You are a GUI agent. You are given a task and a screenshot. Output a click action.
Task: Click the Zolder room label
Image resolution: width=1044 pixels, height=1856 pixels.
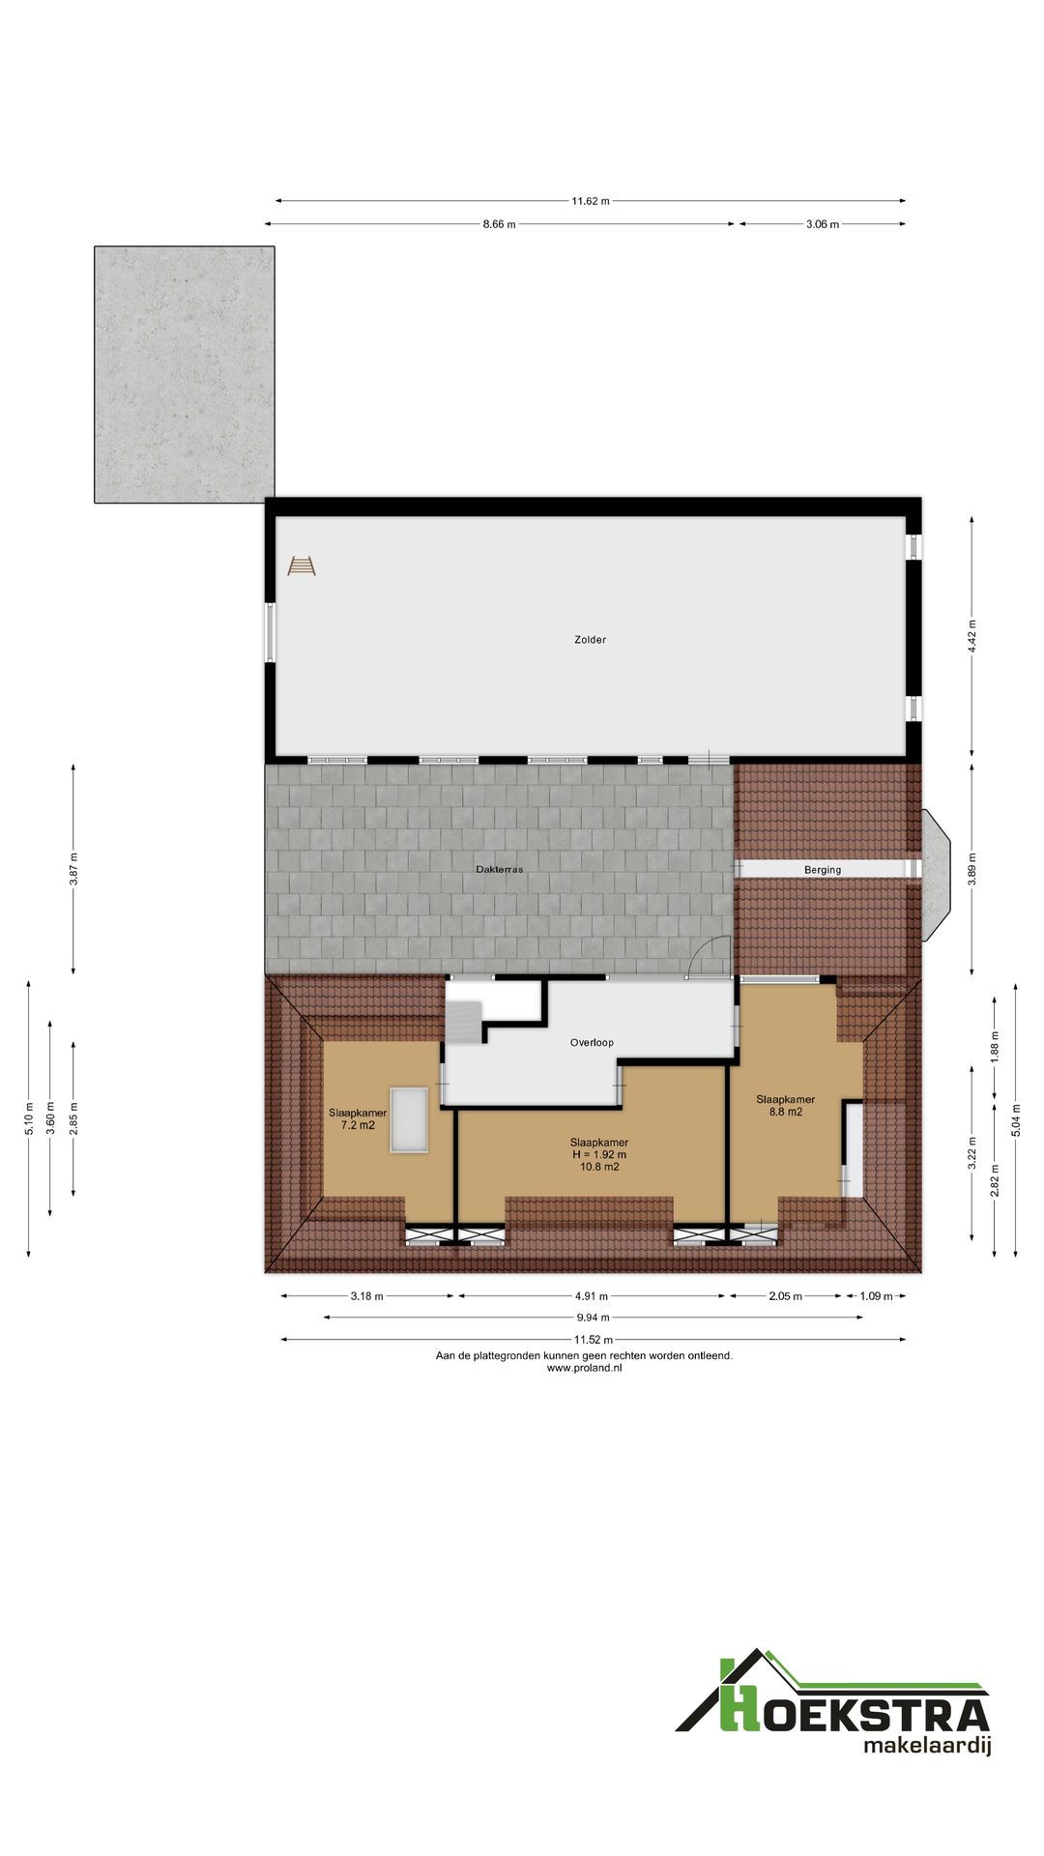tap(590, 640)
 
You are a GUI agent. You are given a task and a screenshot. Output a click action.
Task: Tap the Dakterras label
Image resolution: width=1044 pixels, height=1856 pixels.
tap(499, 870)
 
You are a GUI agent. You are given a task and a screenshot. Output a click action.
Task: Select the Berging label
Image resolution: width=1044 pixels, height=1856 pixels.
tap(823, 870)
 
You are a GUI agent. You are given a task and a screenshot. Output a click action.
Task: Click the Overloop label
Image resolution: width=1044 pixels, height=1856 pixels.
tap(592, 1043)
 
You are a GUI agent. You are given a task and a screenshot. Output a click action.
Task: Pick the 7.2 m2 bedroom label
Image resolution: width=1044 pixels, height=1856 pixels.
tap(358, 1119)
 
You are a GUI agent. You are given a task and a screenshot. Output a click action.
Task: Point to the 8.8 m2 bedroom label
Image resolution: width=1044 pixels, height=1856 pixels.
tap(785, 1106)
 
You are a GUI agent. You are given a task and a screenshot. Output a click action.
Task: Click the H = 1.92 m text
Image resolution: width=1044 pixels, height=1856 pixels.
tap(598, 1154)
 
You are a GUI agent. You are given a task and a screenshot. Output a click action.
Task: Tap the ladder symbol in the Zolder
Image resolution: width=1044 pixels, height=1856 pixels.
tap(302, 565)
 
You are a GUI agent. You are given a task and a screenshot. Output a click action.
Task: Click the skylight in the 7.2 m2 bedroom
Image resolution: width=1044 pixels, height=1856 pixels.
tap(409, 1119)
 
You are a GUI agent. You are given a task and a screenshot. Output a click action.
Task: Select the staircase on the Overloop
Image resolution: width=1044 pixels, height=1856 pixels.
tap(463, 1021)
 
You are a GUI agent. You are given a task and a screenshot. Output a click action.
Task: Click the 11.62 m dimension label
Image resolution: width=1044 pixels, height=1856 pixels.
tap(590, 201)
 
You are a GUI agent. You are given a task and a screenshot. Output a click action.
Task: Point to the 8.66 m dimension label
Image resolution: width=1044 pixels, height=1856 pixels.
tap(499, 224)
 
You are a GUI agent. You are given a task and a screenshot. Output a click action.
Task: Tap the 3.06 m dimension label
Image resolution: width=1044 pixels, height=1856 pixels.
tap(823, 224)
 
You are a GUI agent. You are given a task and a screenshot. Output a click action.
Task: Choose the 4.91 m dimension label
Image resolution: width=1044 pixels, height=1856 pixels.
tap(591, 1296)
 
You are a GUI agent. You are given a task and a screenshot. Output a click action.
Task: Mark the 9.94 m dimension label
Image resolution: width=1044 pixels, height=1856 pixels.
tap(593, 1318)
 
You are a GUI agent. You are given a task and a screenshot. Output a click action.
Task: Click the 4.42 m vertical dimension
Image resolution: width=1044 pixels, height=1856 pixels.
tap(972, 636)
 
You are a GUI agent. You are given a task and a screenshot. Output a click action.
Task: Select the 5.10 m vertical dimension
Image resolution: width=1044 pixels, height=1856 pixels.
tap(29, 1118)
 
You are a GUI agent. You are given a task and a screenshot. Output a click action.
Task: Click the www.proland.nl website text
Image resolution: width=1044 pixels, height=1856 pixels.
tap(584, 1368)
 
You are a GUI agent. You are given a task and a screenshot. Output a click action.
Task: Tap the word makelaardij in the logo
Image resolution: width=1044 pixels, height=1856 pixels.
tap(927, 1746)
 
